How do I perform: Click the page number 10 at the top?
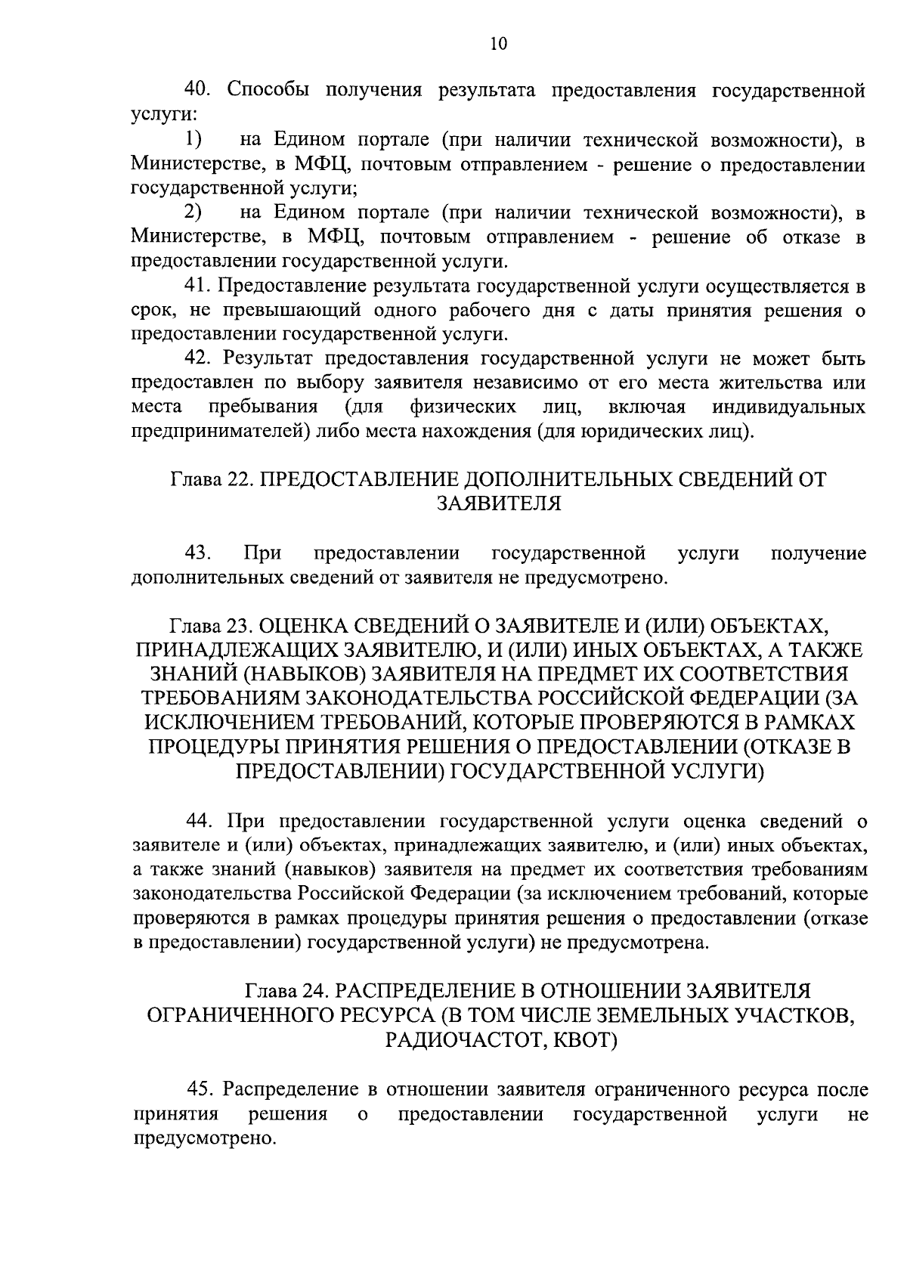[x=499, y=44]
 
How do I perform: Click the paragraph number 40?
[x=200, y=91]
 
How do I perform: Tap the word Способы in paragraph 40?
[x=267, y=91]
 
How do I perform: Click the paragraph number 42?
[x=200, y=358]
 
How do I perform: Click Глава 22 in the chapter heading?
[x=211, y=478]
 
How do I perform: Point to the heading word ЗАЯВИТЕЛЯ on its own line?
[x=499, y=503]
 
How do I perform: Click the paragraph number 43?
[x=198, y=553]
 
